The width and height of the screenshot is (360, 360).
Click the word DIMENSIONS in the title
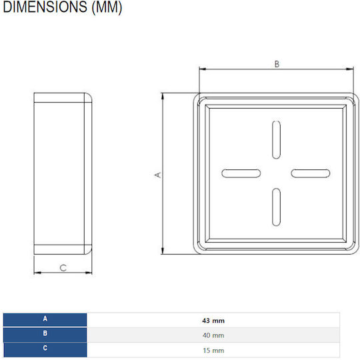point(45,7)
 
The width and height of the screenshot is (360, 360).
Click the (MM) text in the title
point(107,7)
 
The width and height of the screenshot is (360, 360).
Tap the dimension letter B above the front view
point(277,64)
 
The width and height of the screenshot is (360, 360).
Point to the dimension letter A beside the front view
point(158,175)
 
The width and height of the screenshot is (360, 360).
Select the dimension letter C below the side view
point(63,268)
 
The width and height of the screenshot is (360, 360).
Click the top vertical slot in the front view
point(276,139)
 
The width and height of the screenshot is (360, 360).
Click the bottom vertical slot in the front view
point(276,207)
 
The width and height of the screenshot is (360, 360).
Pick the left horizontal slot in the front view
point(241,173)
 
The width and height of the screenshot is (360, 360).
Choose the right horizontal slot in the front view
point(311,173)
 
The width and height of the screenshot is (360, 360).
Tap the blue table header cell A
point(45,319)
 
